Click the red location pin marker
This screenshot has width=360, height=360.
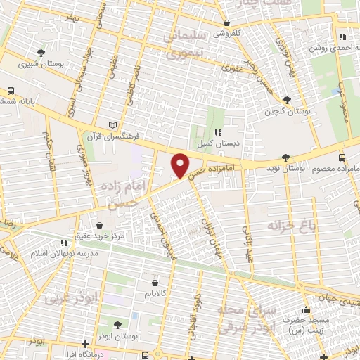click(181, 165)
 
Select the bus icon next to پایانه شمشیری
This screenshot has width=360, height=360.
click(11, 91)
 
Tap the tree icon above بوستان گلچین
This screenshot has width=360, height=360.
click(286, 100)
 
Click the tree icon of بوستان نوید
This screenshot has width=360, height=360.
click(285, 157)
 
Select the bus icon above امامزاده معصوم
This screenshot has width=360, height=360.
click(342, 157)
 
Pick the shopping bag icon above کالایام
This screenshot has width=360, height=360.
click(154, 283)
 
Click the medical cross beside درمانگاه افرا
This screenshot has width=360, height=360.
click(85, 345)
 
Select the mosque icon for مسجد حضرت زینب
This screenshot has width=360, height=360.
click(305, 310)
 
